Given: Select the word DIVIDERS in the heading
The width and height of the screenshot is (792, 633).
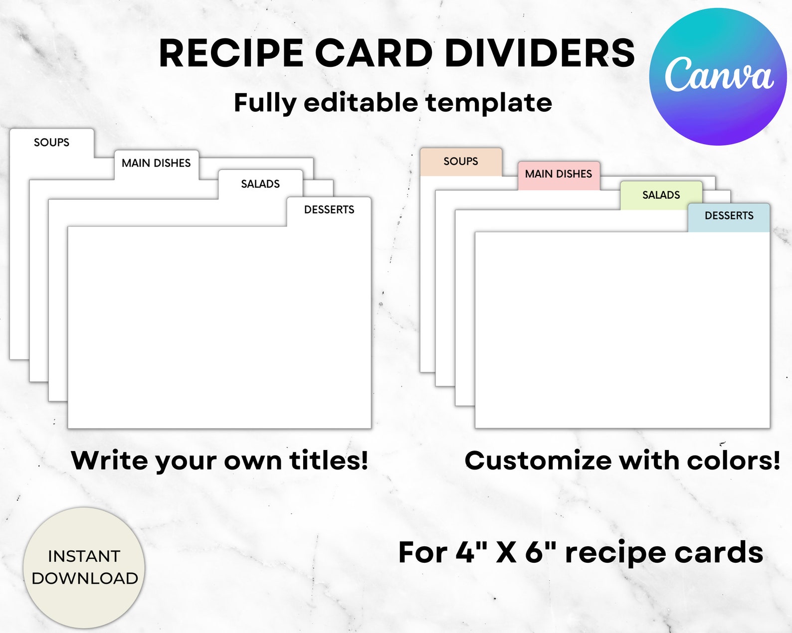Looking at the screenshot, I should (x=540, y=53).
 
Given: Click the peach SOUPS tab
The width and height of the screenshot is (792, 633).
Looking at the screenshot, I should (x=461, y=161).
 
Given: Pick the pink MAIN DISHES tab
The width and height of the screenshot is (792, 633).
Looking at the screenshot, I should (x=559, y=174).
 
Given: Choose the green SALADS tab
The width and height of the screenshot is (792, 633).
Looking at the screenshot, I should (x=661, y=195).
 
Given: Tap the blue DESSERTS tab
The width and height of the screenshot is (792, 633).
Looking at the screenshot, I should (x=729, y=216).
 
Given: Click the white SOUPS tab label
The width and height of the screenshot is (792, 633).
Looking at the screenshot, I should (x=51, y=143).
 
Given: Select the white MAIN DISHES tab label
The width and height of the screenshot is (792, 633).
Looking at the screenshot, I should (x=156, y=163).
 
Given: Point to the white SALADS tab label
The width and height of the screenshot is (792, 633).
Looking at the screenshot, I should (x=260, y=184).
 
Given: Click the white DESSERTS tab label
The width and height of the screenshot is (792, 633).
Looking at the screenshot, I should (x=329, y=210).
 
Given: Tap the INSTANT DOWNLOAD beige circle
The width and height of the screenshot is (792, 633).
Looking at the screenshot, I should (x=84, y=567).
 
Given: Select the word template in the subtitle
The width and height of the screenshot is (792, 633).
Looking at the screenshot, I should (x=489, y=103).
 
